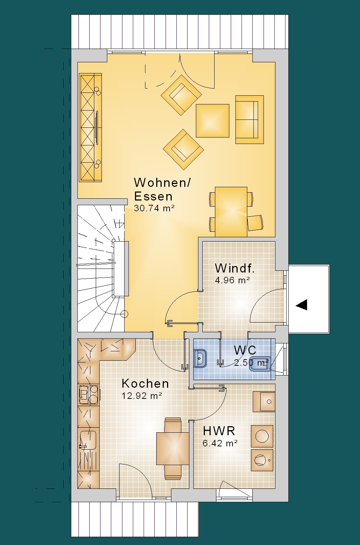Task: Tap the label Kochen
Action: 145,384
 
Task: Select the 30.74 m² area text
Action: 154,208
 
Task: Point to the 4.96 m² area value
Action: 232,280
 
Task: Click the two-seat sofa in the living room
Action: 249,120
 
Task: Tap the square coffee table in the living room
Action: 213,121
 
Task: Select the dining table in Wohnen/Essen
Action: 231,212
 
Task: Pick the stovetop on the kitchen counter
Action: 89,395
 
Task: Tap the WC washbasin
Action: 200,359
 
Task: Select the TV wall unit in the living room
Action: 90,127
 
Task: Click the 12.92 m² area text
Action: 141,396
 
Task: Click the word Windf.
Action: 234,268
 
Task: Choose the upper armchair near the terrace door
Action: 181,95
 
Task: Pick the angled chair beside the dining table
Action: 255,222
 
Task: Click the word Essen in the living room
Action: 153,196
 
